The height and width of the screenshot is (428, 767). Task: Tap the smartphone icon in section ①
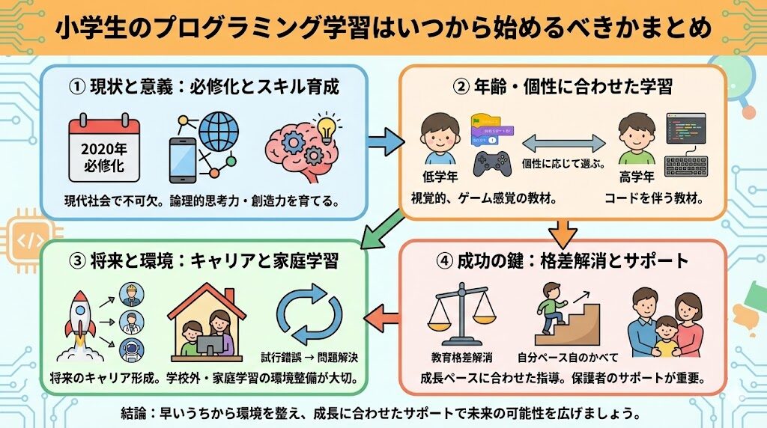[x=182, y=159]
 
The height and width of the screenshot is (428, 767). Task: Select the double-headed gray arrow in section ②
[x=564, y=142]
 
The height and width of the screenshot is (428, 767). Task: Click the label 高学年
[x=638, y=177]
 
